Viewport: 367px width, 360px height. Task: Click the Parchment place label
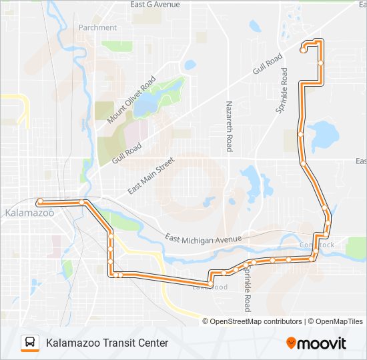(x=97, y=28)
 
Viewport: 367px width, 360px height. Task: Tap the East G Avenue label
(x=155, y=5)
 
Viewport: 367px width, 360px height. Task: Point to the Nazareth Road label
(x=229, y=126)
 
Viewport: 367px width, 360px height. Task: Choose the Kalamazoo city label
(x=29, y=213)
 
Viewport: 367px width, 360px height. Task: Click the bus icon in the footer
(x=30, y=343)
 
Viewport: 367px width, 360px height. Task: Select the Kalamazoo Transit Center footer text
(x=107, y=343)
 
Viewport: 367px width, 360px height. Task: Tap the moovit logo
(x=316, y=343)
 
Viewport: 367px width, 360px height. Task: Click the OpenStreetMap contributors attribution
(x=252, y=321)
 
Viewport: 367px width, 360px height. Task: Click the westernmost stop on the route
(x=40, y=201)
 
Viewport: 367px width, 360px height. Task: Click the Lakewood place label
(x=210, y=287)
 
